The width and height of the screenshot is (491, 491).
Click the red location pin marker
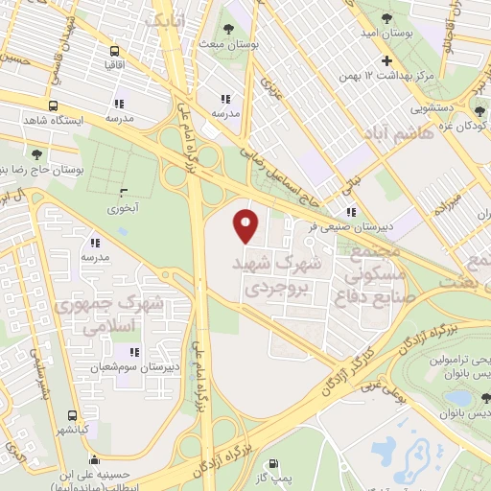[x=247, y=225]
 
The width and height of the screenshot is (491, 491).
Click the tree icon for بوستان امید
[x=386, y=18]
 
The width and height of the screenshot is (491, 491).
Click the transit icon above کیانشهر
[x=73, y=415]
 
